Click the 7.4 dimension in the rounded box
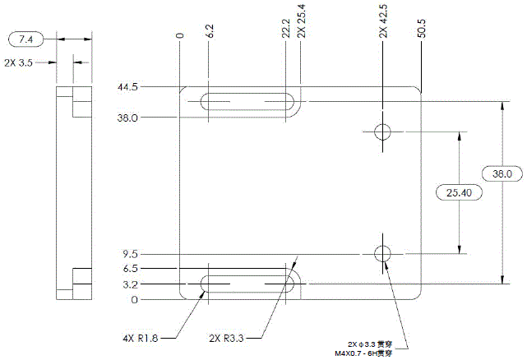26,39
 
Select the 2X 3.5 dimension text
22,62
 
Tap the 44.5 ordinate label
128,86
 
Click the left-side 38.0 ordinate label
128,118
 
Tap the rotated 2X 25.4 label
301,24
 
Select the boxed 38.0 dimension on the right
502,174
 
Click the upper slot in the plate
247,102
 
